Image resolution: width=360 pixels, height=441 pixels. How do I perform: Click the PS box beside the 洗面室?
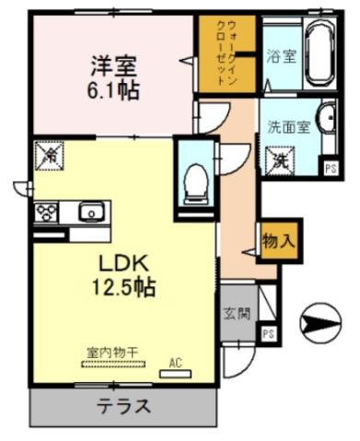pos(330,166)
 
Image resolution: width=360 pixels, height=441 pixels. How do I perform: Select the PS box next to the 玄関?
pos(268,333)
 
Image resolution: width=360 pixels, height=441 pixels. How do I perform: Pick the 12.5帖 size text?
pos(121,287)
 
